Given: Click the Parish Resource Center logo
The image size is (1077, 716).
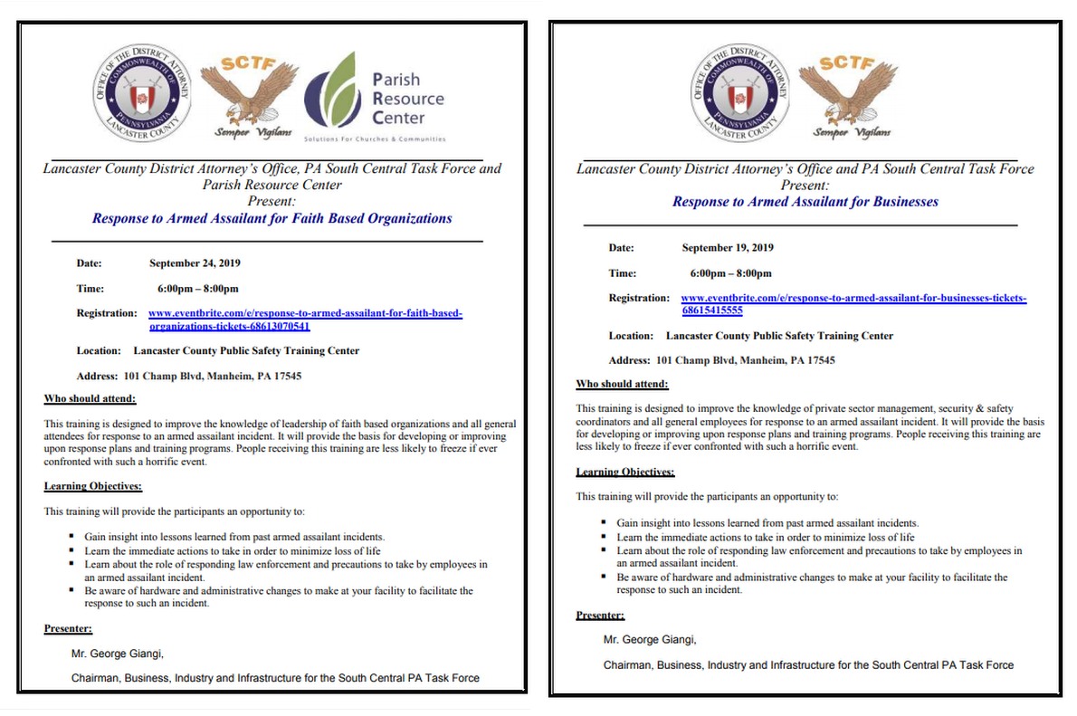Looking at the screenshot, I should pyautogui.click(x=375, y=98).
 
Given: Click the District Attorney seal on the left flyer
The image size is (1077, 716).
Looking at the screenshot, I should pyautogui.click(x=143, y=93).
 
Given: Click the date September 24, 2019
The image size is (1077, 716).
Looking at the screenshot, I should pyautogui.click(x=195, y=263).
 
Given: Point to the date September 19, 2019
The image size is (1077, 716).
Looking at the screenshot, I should pyautogui.click(x=728, y=247).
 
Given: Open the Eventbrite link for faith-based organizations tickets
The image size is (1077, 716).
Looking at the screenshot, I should pyautogui.click(x=305, y=320).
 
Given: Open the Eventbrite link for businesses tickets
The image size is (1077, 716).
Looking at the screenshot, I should pyautogui.click(x=853, y=303).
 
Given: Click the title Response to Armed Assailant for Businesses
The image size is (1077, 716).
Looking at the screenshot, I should pyautogui.click(x=805, y=202).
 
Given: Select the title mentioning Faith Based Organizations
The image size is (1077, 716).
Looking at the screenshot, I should pyautogui.click(x=272, y=218).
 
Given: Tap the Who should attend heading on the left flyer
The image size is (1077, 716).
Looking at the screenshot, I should pyautogui.click(x=90, y=399).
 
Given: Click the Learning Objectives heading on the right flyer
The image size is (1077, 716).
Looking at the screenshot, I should pyautogui.click(x=624, y=473).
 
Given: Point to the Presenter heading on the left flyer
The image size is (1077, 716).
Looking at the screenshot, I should pyautogui.click(x=68, y=629).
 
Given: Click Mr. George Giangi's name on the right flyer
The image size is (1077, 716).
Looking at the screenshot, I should pyautogui.click(x=650, y=640).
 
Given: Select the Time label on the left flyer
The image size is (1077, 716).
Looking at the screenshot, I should pyautogui.click(x=90, y=289).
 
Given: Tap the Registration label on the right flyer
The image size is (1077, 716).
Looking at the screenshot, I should pyautogui.click(x=639, y=298).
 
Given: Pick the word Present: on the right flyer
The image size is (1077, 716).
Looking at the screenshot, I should pyautogui.click(x=805, y=185).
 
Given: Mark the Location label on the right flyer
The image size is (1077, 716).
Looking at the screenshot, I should pyautogui.click(x=631, y=336).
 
